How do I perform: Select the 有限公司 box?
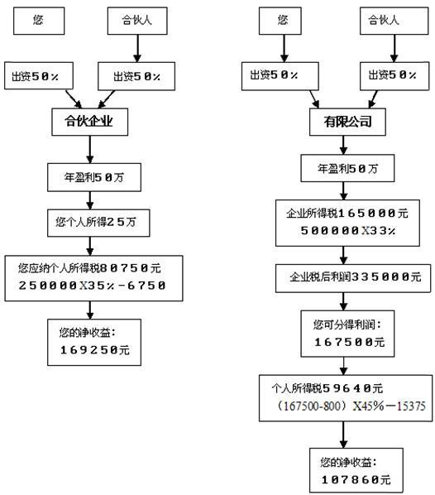342,123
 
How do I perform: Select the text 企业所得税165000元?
342,214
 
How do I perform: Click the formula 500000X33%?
342,230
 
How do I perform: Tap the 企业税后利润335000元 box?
342,276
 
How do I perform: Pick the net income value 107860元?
342,479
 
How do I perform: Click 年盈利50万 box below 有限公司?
342,169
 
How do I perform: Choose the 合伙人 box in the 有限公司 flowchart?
389,21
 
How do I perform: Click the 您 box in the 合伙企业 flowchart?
39,21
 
